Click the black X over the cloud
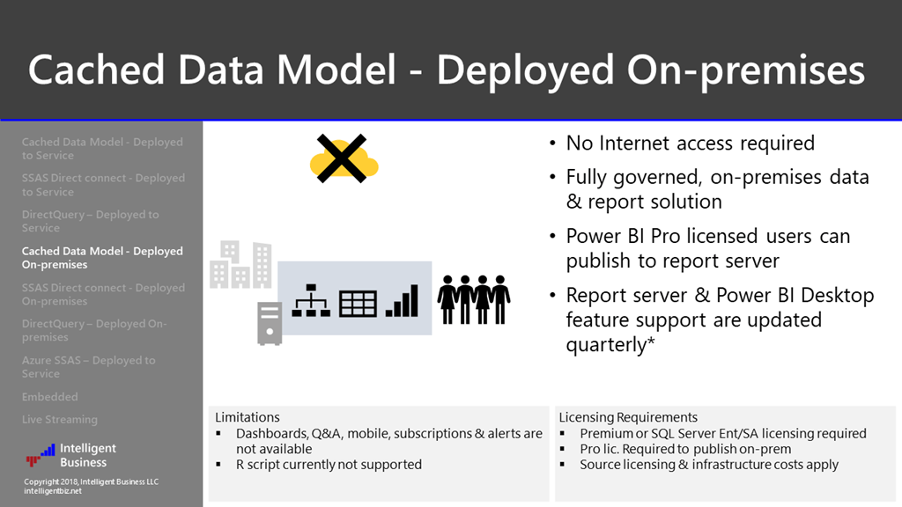342,159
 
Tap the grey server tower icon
270,322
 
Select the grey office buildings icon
240,264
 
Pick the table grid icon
358,302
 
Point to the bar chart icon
403,300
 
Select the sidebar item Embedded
49,397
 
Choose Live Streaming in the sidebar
60,420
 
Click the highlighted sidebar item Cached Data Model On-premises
101,258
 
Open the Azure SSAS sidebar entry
88,367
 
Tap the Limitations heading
248,417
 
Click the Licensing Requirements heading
628,417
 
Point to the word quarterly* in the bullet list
611,344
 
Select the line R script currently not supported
329,464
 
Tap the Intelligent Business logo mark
41,455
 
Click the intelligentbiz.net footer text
53,491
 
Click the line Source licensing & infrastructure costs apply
709,464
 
